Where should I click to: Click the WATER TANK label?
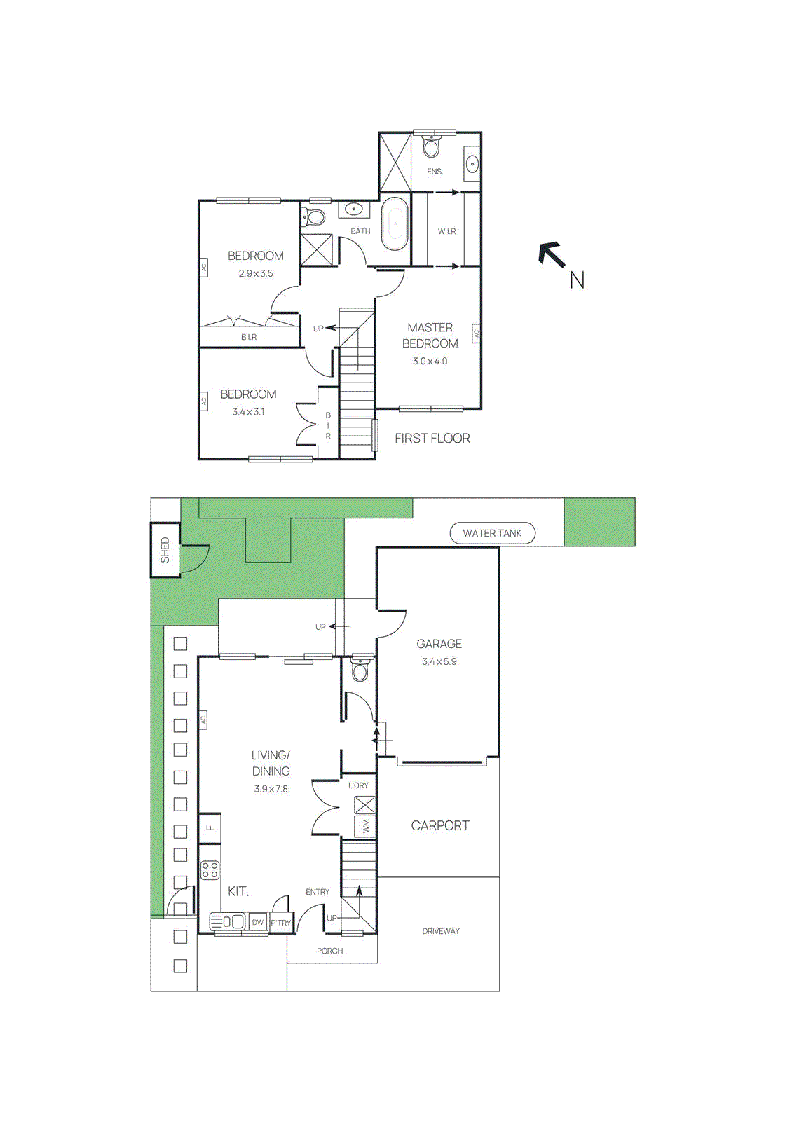tap(492, 533)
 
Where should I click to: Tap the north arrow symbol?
tap(552, 254)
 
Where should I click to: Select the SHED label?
tap(165, 550)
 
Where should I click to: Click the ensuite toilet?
tap(432, 147)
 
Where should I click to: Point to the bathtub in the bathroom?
tap(395, 223)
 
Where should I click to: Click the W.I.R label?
tap(446, 231)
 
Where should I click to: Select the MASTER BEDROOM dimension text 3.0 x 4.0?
tap(430, 361)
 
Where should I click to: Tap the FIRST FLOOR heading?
tap(432, 439)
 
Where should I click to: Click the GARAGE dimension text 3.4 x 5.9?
tap(439, 661)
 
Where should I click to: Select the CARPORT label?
tap(440, 826)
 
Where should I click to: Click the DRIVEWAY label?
tap(440, 931)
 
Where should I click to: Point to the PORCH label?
tap(329, 951)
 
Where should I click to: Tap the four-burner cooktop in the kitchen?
tap(210, 871)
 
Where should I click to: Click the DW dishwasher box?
tap(258, 922)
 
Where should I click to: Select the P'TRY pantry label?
tap(281, 923)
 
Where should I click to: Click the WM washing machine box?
tap(365, 827)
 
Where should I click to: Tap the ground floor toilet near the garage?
tap(360, 670)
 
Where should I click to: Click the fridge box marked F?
tap(210, 827)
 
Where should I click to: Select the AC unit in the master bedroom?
tap(476, 334)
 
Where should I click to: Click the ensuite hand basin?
tap(472, 165)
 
